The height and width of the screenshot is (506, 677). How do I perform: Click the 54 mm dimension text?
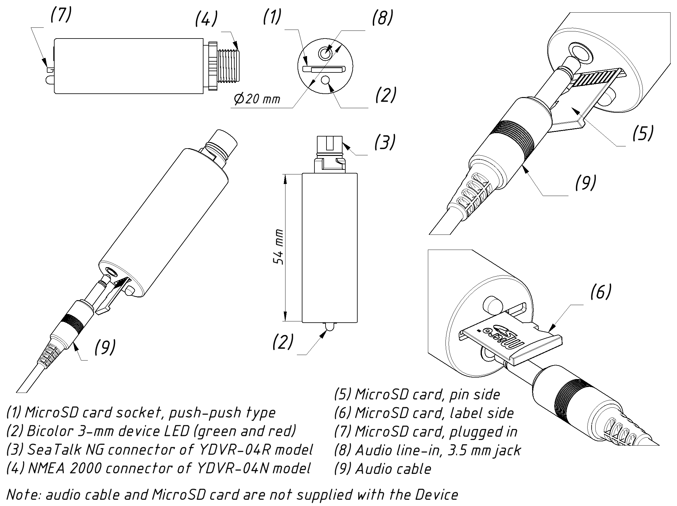[x=279, y=247]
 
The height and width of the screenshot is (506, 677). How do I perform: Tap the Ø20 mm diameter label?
[x=257, y=99]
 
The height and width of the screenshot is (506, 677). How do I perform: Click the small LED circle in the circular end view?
[x=325, y=81]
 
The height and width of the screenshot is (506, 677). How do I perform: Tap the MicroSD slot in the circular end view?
[x=325, y=69]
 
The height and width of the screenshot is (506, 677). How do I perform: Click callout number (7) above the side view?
[x=61, y=15]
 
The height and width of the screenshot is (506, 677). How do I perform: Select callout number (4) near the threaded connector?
[x=206, y=19]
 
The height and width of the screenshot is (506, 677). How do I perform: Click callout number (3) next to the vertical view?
[x=384, y=142]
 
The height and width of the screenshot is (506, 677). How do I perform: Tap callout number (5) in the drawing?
[x=643, y=133]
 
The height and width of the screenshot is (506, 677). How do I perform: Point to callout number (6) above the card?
[x=600, y=292]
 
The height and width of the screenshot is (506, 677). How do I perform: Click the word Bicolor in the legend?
[x=47, y=431]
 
